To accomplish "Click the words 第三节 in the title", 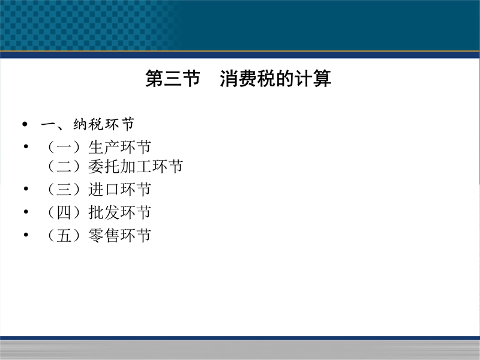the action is [x=173, y=79].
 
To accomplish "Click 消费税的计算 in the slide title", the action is [x=275, y=79].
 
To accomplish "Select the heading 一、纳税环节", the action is [x=88, y=124].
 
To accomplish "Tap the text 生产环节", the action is [x=119, y=147].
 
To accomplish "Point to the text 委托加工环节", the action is [x=136, y=167].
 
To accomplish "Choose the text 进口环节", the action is [x=119, y=189].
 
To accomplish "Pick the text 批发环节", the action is [x=119, y=212].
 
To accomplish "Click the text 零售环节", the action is [x=119, y=235].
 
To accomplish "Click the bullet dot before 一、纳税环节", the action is [x=25, y=124].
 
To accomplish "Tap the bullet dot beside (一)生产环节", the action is [x=26, y=146].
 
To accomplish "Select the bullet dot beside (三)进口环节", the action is [x=26, y=188].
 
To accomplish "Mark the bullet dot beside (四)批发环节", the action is [x=26, y=212].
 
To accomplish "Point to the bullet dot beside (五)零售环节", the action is [x=26, y=235].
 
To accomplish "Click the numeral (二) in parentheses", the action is [x=64, y=167].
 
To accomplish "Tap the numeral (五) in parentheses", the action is [x=64, y=235].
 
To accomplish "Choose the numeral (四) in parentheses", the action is [x=64, y=212].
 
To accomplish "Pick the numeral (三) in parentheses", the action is [x=64, y=189].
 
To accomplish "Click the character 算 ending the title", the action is [x=322, y=79].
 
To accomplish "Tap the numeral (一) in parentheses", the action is [x=64, y=147].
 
